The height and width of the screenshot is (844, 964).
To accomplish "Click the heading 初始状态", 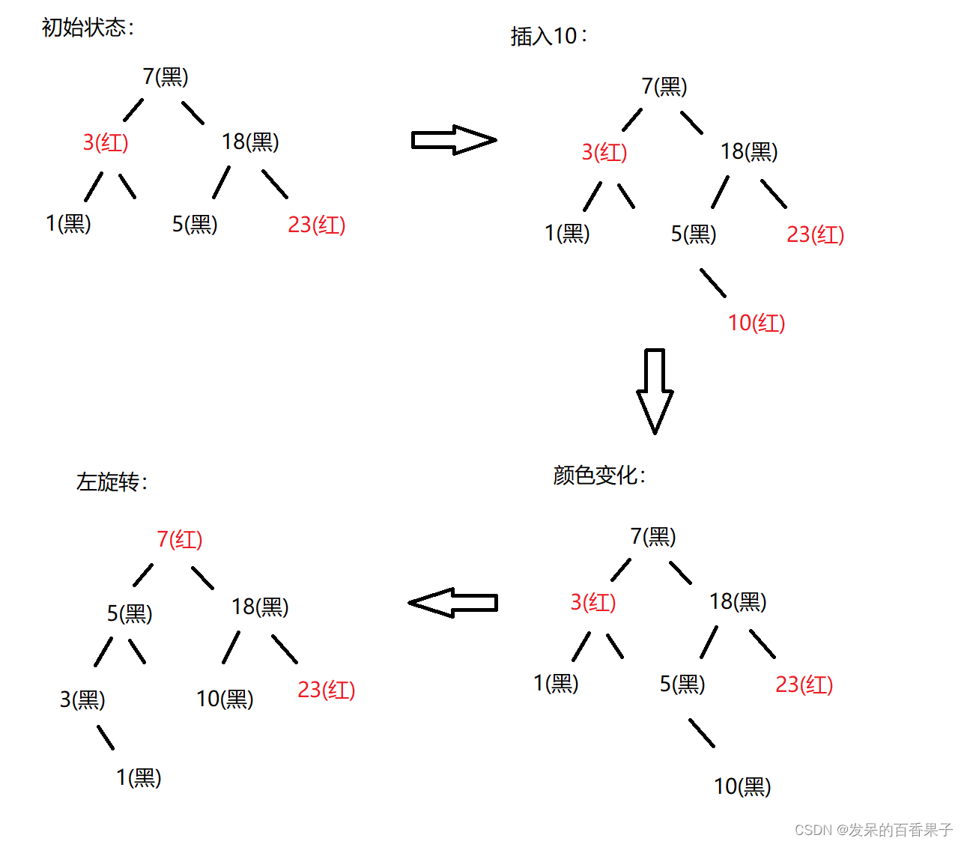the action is [x=88, y=28].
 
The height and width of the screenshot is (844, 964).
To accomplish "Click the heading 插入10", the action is [x=548, y=36].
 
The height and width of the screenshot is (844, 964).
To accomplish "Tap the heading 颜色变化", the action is [x=598, y=475].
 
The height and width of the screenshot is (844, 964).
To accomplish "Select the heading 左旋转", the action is [x=112, y=482].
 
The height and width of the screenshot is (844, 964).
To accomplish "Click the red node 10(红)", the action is [x=757, y=323].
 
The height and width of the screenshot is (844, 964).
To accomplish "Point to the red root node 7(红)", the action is [x=180, y=539].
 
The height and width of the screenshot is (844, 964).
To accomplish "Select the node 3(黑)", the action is [x=82, y=699].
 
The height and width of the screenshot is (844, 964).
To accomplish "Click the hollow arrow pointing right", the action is [x=453, y=140].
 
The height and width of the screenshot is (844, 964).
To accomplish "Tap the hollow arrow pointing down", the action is [x=655, y=390].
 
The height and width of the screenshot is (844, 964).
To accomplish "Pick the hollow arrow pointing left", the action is [x=453, y=603].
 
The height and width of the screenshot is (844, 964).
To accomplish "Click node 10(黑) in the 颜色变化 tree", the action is [x=742, y=786].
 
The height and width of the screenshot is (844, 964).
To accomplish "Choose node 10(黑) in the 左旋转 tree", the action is [x=225, y=699].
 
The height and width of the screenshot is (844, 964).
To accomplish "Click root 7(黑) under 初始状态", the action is [x=166, y=76].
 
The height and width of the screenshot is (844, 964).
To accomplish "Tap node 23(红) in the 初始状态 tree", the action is [x=317, y=225].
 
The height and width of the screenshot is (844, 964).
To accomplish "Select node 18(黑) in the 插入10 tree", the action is [x=749, y=151].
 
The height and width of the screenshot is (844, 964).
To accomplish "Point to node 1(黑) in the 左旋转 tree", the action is [x=139, y=778].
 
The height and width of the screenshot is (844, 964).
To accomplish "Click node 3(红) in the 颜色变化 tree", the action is [x=593, y=602].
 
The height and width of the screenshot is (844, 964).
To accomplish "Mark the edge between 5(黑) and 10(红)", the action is [x=713, y=283].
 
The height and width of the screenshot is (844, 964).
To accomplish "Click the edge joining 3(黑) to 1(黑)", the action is [x=106, y=738].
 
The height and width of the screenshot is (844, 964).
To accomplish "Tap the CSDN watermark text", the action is [x=873, y=830].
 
